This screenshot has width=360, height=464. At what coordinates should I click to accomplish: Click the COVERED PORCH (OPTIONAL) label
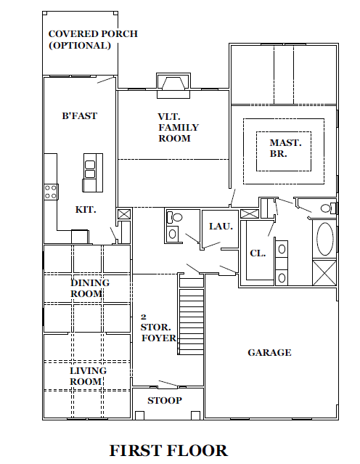[93, 39]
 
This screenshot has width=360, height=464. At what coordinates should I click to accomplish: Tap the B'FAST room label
[79, 115]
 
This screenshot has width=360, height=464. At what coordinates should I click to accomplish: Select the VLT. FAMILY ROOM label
[178, 127]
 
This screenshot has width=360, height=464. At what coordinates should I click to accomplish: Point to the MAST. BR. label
[285, 148]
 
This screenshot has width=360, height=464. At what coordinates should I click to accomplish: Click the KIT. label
[86, 210]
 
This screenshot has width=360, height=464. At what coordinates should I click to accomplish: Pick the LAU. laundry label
[221, 227]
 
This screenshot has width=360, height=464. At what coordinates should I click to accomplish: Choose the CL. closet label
[258, 253]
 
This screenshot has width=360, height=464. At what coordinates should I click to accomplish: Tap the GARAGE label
[269, 352]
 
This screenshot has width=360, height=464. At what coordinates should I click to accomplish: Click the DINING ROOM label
[89, 288]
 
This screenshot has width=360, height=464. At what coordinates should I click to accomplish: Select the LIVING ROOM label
[88, 376]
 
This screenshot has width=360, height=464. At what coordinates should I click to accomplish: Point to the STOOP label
[165, 400]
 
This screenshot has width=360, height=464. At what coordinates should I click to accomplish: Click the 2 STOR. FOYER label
[158, 328]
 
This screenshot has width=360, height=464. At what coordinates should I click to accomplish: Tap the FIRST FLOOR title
[168, 451]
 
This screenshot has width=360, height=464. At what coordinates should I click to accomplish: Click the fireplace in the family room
[173, 86]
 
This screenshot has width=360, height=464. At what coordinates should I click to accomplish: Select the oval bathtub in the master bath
[325, 239]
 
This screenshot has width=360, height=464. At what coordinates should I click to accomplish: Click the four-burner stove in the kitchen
[51, 192]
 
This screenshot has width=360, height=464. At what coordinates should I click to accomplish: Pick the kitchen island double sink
[89, 169]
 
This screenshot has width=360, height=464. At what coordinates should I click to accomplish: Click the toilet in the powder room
[174, 218]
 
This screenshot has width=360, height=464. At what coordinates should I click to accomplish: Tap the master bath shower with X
[324, 273]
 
